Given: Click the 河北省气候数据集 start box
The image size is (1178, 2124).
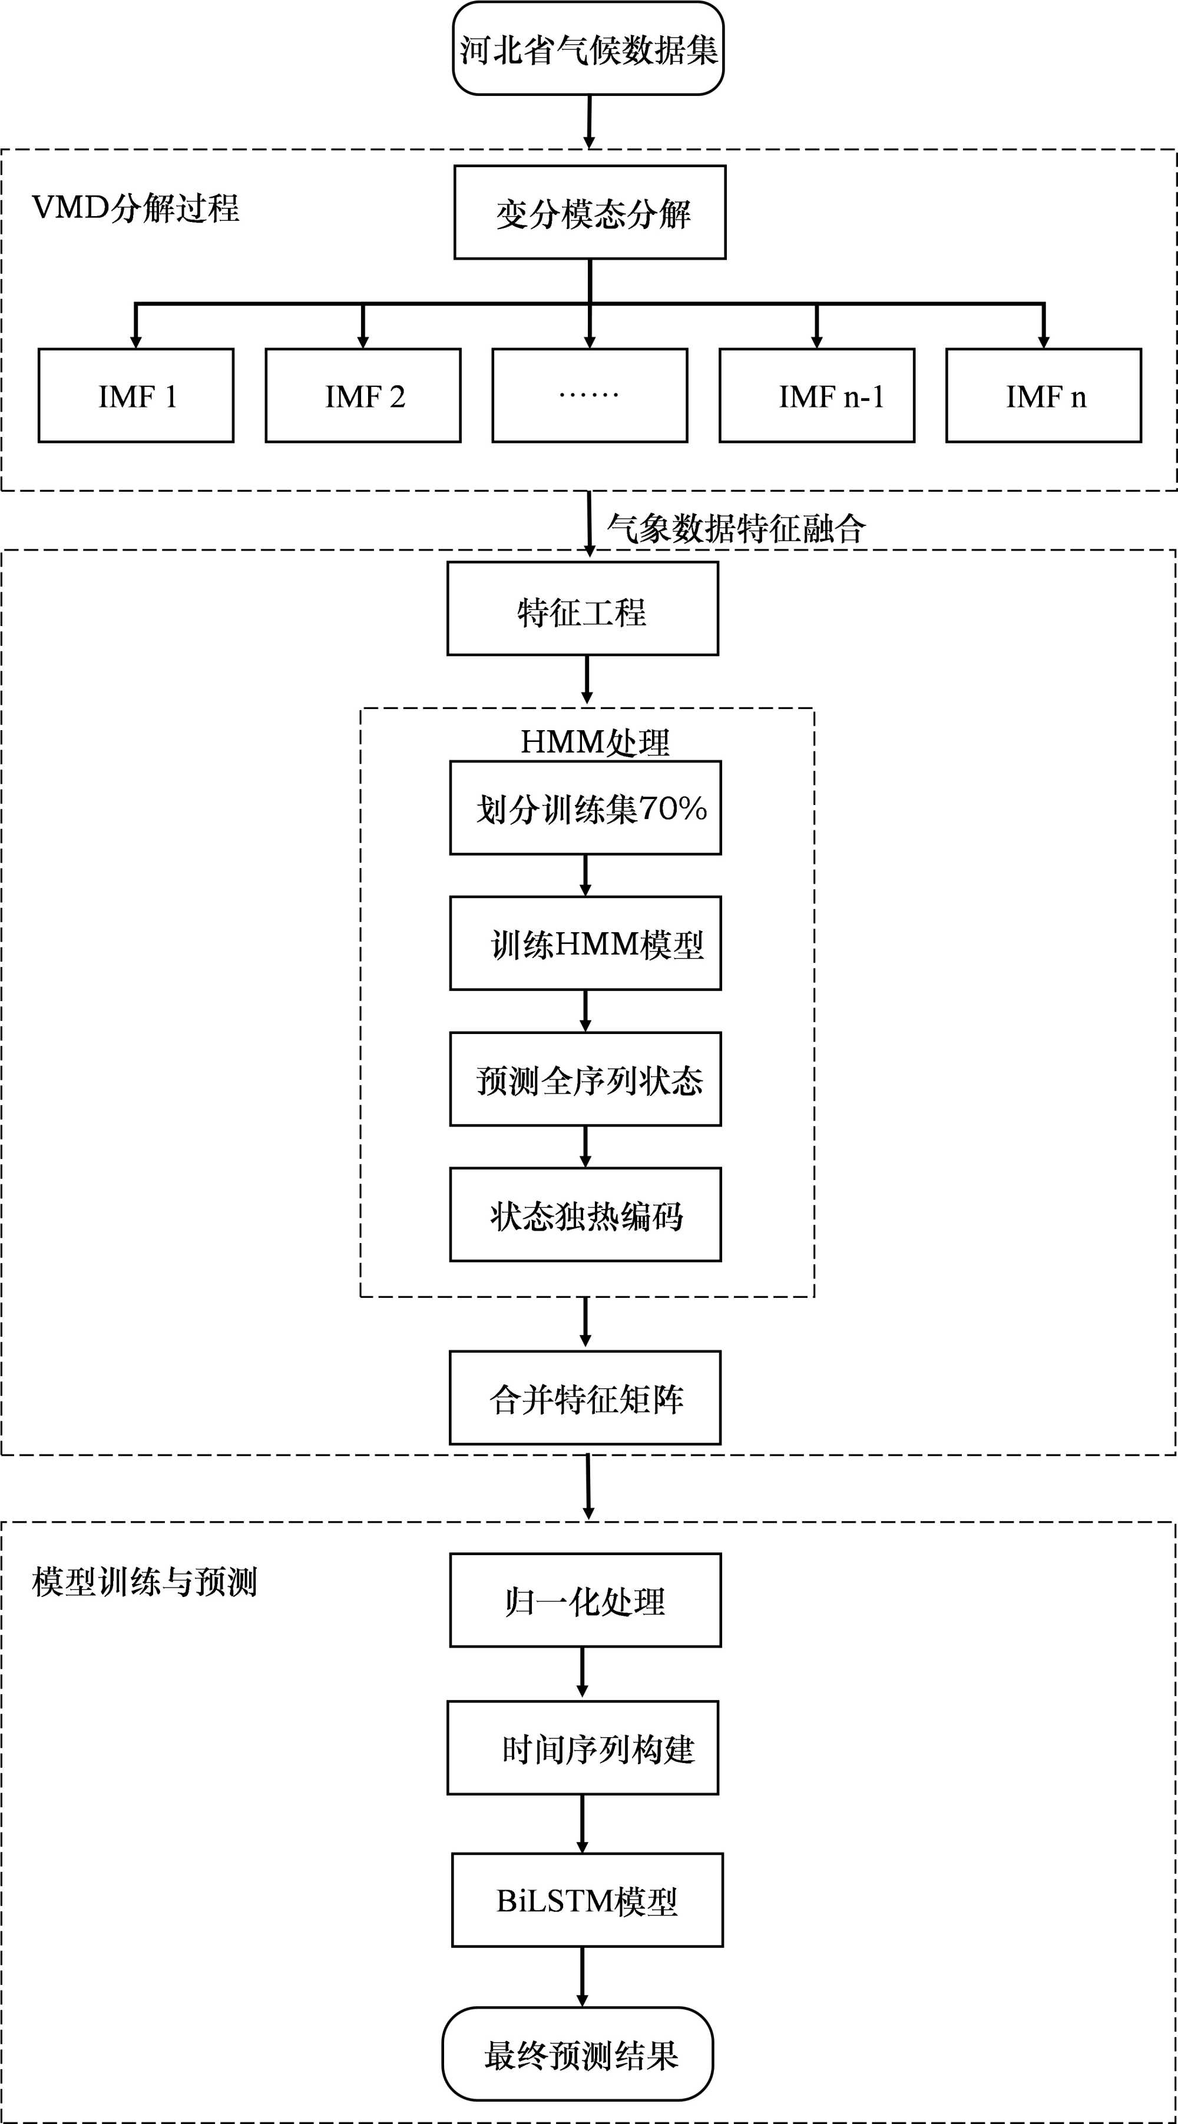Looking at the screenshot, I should [588, 49].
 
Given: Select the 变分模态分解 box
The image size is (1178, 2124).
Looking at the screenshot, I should [590, 213].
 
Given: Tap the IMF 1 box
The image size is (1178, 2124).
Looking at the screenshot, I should [136, 396].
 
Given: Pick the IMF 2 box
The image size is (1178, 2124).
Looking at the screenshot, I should [363, 396].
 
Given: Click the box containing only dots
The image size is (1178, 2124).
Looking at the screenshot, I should [590, 396].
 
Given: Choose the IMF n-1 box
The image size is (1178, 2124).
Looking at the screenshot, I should [817, 396].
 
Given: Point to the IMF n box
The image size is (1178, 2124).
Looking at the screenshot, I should [1044, 396].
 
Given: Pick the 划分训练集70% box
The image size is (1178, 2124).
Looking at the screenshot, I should [585, 808].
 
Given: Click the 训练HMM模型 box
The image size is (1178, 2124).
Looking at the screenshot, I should [585, 943].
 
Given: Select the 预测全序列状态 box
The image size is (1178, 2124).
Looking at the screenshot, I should [585, 1079].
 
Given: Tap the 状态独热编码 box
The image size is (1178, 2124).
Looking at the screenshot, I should [585, 1215].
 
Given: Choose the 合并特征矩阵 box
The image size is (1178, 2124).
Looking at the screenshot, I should [585, 1397].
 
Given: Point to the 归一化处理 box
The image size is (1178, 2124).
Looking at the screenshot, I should [585, 1601].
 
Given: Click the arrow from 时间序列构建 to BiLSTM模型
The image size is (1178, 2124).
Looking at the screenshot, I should [583, 1824].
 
